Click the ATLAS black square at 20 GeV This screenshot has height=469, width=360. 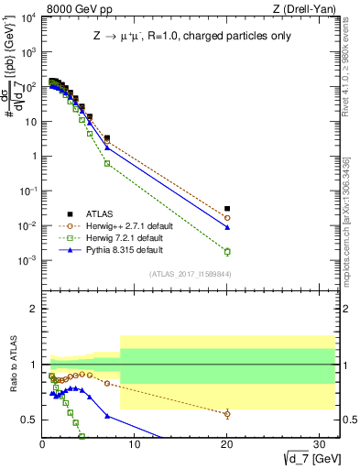(227, 209)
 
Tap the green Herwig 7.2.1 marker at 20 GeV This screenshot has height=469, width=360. (227, 251)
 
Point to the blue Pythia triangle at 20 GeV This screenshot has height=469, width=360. (227, 227)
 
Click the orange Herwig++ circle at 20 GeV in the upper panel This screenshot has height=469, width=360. (227, 218)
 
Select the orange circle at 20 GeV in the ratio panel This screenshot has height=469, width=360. (227, 414)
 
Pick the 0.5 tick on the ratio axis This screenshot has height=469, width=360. (29, 420)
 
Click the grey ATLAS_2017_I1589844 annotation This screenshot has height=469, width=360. (190, 272)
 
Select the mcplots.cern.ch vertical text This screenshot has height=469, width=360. (351, 220)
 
